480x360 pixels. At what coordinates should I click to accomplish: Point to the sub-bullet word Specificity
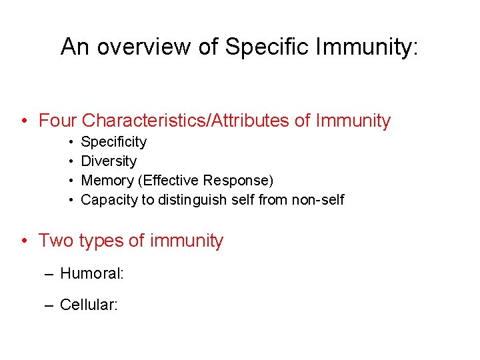113,142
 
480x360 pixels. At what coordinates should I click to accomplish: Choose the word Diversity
109,161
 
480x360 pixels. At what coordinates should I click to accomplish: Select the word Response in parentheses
237,181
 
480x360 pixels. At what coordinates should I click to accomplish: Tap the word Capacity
109,200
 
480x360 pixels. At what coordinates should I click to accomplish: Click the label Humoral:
89,273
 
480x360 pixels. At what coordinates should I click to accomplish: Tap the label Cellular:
89,305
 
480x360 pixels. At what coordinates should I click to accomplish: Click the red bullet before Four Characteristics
24,121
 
